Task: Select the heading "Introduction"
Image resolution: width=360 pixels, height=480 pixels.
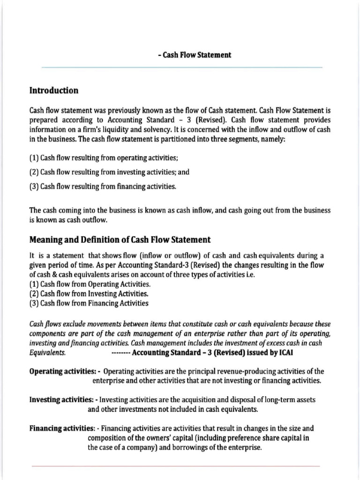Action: pyautogui.click(x=54, y=90)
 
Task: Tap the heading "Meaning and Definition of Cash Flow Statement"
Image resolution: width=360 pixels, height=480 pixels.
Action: pyautogui.click(x=120, y=240)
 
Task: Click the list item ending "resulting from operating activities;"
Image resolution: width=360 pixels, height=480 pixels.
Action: pyautogui.click(x=104, y=157)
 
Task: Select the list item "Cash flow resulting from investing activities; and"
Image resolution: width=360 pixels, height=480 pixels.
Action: pyautogui.click(x=109, y=172)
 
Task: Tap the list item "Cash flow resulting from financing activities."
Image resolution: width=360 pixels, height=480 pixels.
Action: pyautogui.click(x=103, y=187)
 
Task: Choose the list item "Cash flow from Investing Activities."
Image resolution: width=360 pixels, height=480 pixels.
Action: pyautogui.click(x=89, y=294)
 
